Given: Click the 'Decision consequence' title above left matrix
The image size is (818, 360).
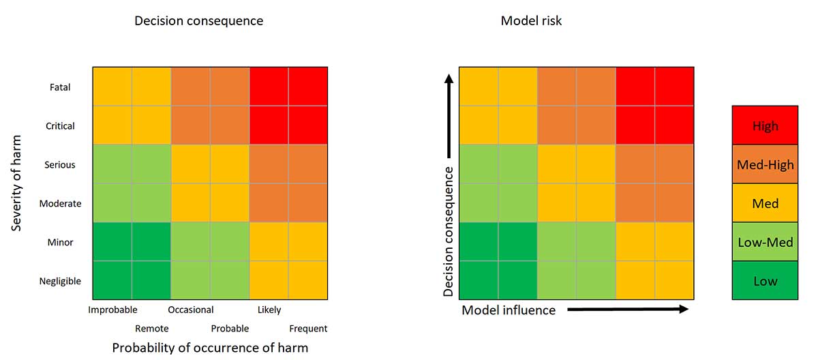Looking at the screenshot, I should coord(198,20).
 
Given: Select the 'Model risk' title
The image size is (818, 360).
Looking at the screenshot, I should coord(531,20).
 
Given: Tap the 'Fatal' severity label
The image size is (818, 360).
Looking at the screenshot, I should coord(60,87).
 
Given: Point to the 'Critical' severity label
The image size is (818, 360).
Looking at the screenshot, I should coord(59,126).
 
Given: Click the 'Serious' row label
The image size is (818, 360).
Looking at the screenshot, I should coord(60,165).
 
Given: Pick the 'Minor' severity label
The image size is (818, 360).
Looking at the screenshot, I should coord(60,242).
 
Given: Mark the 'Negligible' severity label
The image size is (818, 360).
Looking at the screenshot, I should coord(60,281).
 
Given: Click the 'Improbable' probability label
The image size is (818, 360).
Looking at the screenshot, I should coord(112,310).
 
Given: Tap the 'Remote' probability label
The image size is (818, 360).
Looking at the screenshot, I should coord(151,329).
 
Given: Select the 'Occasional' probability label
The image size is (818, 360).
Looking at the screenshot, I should coord(191,310).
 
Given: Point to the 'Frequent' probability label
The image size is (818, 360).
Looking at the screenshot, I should coord(308,329).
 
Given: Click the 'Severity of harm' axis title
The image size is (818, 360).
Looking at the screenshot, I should coord(18,184).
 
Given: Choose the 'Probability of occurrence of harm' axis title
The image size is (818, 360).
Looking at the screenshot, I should coord(210,348).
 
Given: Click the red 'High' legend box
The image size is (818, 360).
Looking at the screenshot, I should coord(765,125).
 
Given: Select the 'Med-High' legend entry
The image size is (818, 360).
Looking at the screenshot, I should coord(765,164).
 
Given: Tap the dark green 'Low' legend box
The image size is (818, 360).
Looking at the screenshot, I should coord(765,281).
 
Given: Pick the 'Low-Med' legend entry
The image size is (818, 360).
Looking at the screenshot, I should coord(765,242).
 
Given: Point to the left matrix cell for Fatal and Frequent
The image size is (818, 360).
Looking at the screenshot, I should coord(308,87).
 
